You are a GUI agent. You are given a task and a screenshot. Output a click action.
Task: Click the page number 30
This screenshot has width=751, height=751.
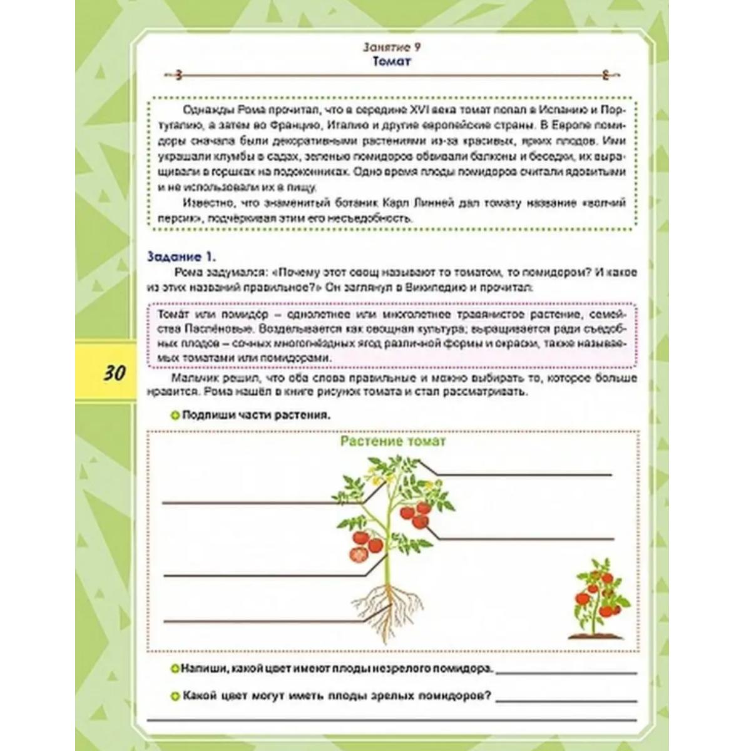pyautogui.click(x=114, y=374)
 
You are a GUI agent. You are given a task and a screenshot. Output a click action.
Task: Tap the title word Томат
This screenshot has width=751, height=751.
pyautogui.click(x=392, y=61)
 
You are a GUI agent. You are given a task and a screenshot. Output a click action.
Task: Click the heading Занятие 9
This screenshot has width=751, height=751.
pyautogui.click(x=387, y=47)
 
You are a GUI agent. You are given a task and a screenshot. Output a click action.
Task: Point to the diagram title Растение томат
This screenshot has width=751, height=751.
pyautogui.click(x=393, y=441)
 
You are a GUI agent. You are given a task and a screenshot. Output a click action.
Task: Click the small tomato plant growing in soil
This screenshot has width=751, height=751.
pyautogui.click(x=598, y=598)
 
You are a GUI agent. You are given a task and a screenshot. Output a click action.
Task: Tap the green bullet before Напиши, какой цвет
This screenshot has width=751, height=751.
pyautogui.click(x=175, y=668)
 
